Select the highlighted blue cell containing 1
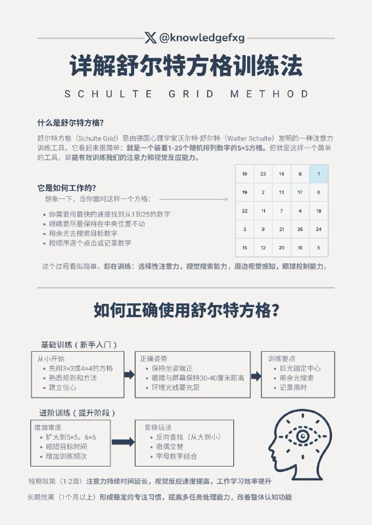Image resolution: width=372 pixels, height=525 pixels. tap(318, 174)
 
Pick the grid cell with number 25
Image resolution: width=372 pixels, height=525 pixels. tap(300, 230)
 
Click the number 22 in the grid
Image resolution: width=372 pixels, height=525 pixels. tap(244, 211)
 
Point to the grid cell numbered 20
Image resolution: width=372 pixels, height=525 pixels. tap(281, 248)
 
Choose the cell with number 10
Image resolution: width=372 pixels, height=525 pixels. tap(244, 174)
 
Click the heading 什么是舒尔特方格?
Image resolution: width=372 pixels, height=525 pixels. tap(71, 122)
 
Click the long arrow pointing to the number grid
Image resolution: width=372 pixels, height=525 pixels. tap(193, 198)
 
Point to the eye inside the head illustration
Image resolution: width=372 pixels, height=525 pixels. tap(304, 435)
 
